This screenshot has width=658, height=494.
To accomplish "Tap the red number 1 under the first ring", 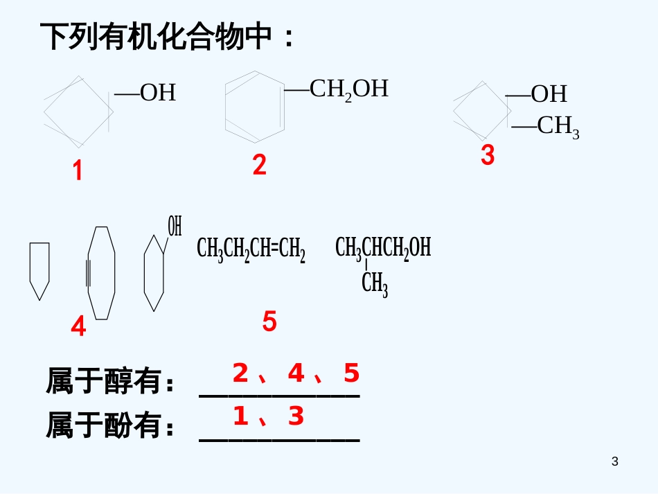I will pos(78,170).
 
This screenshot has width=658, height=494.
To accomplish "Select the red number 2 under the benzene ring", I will pos(259,165).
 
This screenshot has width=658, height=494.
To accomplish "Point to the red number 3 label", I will pos(488,156).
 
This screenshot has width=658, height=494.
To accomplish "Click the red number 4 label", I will pos(78,326).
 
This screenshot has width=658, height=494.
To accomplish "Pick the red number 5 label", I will pos(269,321).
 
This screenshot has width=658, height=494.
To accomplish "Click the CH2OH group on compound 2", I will pos(348,89).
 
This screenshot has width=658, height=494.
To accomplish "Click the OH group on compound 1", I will pos(157,93).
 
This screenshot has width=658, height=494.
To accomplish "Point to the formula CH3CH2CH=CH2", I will pos(251,248).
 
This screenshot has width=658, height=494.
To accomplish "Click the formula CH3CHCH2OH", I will pos(383,247).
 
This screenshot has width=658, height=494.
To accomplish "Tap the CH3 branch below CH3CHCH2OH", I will pos(375,283).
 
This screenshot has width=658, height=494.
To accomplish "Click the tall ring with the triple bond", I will pos(101,273).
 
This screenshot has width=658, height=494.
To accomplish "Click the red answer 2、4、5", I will pos(296,373).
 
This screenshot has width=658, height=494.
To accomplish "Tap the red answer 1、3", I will pos(268,416).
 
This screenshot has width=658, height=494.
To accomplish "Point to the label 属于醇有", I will pos(111,382).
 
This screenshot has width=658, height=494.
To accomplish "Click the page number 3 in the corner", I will pos(615,461).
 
